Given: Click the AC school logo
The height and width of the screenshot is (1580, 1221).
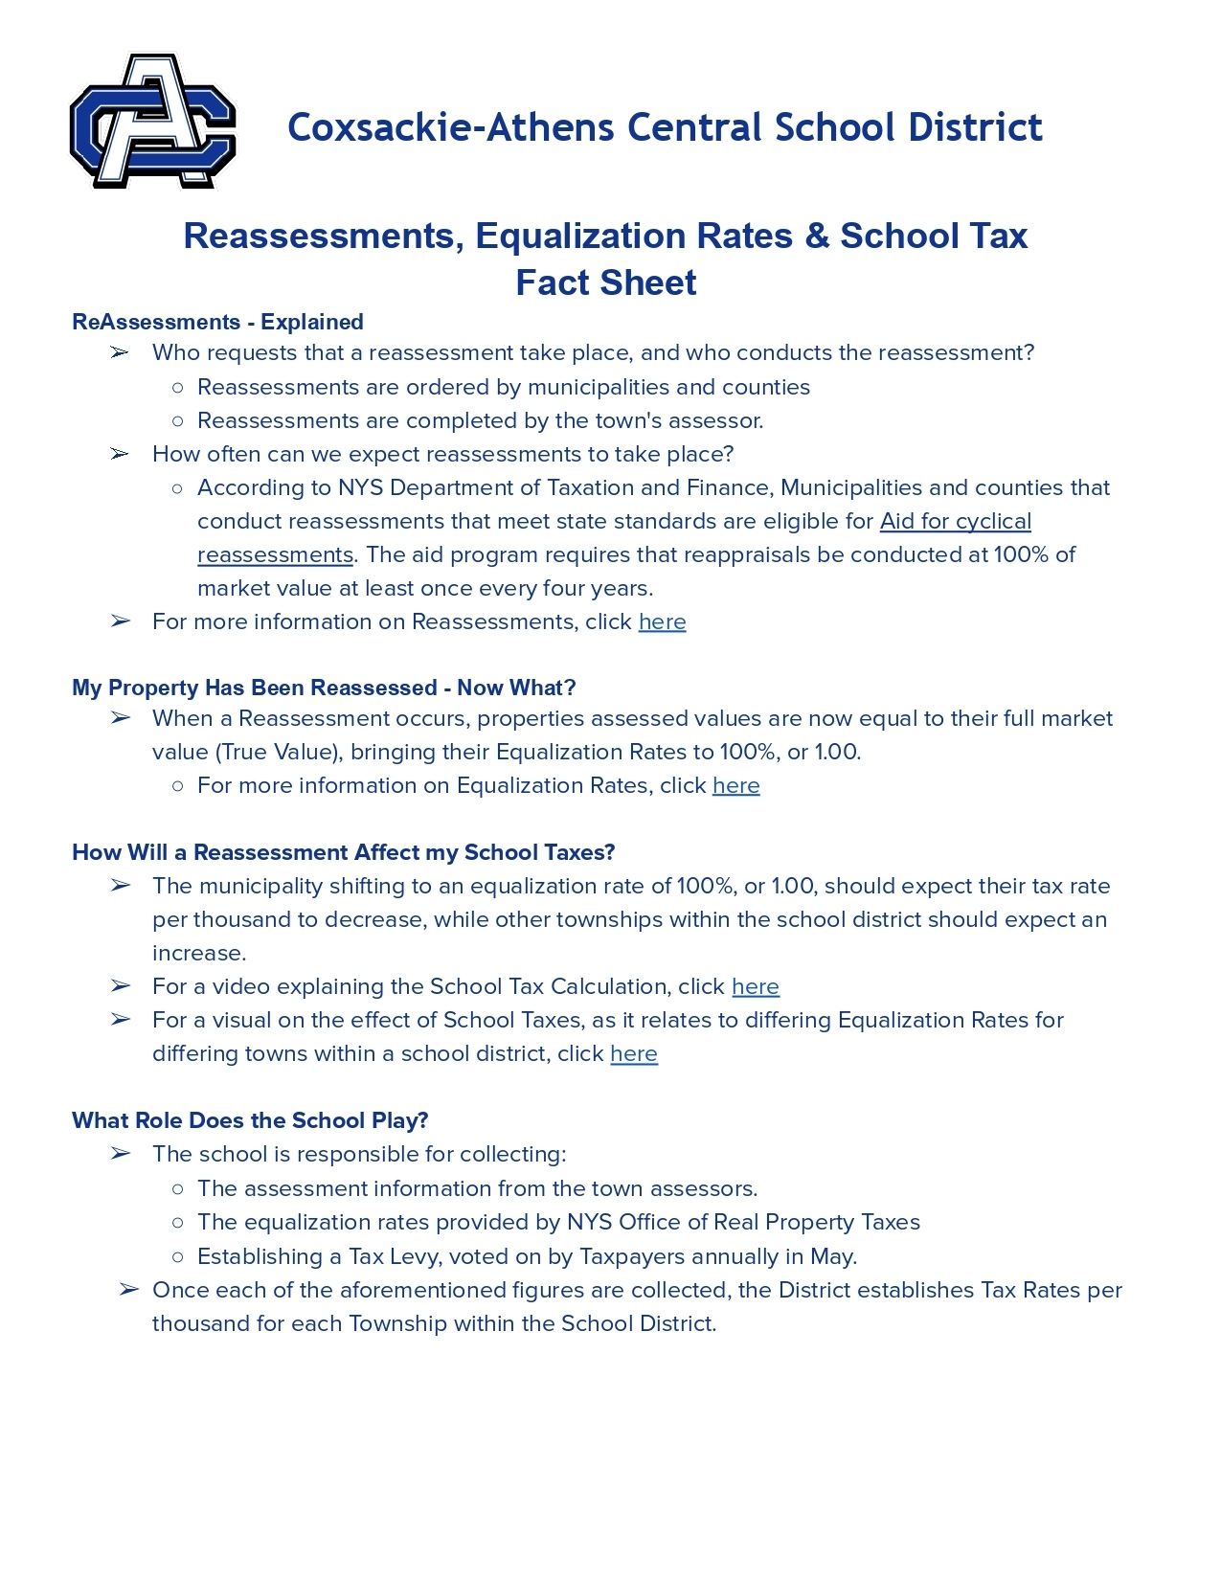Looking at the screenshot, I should tap(153, 122).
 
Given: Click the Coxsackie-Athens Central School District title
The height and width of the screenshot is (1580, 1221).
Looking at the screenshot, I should tap(665, 127).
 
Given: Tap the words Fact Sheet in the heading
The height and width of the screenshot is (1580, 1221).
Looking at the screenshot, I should tap(606, 283).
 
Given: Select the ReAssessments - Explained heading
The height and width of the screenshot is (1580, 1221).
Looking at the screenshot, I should tap(217, 322).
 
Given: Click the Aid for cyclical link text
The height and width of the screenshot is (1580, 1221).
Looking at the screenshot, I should tap(955, 521).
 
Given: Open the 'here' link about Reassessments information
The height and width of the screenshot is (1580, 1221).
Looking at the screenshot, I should tap(662, 622).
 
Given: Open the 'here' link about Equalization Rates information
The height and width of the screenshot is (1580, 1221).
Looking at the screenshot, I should tap(735, 786).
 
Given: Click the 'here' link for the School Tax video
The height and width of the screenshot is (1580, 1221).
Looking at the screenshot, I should tap(755, 987).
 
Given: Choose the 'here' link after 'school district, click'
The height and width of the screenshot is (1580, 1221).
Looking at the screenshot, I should tap(633, 1054).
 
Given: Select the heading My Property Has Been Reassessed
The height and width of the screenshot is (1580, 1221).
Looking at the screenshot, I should tap(324, 688).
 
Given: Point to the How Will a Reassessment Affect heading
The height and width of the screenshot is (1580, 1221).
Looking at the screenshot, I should tap(343, 852).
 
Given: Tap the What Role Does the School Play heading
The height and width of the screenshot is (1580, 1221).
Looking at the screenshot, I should tap(250, 1120).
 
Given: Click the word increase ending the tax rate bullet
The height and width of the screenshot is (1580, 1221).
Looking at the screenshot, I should tap(197, 954).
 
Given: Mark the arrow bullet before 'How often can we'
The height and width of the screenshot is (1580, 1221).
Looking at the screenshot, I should tap(120, 454).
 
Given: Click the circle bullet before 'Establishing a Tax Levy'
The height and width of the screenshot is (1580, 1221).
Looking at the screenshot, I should tap(177, 1256).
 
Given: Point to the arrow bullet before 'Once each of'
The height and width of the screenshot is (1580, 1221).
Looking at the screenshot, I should tap(129, 1290).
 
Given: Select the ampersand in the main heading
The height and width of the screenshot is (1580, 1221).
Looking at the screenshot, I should tap(817, 237).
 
